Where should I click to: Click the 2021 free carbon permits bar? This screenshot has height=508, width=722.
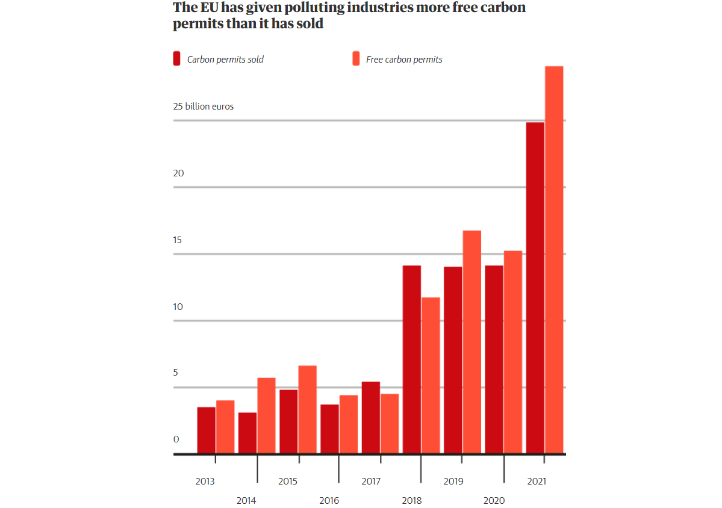554,259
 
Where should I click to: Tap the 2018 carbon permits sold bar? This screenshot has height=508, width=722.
412,359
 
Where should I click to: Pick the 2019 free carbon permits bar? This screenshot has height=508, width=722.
471,342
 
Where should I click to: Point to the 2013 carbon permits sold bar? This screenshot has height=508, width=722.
206,430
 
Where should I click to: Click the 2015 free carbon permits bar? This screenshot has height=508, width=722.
307,409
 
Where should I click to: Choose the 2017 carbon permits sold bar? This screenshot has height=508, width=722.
370,418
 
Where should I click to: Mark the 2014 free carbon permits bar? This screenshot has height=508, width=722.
266,415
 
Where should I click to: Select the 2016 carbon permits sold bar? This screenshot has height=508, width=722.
329,429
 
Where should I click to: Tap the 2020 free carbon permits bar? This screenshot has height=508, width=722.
512,352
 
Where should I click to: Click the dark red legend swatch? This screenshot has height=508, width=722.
176,59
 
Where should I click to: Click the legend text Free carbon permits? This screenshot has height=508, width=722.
404,60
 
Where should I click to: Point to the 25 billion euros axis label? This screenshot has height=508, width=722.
204,107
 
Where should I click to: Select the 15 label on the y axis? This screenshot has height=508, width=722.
178,240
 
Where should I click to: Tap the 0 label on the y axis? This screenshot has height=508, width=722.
176,439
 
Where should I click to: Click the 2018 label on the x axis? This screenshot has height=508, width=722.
412,501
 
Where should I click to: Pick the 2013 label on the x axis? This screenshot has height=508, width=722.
205,482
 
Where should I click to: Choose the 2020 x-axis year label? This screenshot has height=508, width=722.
494,501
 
